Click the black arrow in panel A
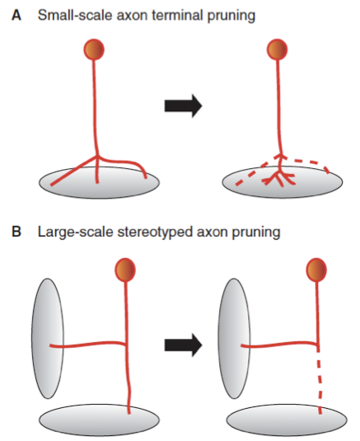[182, 106]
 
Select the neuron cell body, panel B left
[125, 269]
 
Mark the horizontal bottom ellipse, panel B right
[284, 418]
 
